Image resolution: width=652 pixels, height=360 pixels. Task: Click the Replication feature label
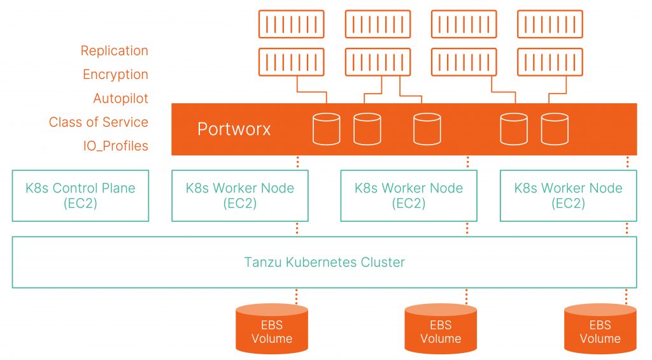114,51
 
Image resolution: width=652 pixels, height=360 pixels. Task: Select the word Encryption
115,75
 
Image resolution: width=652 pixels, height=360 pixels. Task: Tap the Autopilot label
120,99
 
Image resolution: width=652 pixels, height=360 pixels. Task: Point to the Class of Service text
98,122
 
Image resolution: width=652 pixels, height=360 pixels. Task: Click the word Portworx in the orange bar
234,129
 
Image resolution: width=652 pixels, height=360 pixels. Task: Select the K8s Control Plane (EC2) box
80,196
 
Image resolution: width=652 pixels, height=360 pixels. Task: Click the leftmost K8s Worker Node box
240,196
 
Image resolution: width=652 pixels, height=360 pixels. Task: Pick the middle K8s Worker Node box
409,196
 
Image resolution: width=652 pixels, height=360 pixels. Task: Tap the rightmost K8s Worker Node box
568,196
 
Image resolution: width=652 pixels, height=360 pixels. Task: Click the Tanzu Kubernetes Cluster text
324,262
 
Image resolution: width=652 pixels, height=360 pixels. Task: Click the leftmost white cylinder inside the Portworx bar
326,129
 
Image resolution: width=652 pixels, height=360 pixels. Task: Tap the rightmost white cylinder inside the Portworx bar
555,129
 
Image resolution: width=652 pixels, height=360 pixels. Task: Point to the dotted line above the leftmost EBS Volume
297,296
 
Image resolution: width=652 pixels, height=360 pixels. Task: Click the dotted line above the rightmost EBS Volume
627,296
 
